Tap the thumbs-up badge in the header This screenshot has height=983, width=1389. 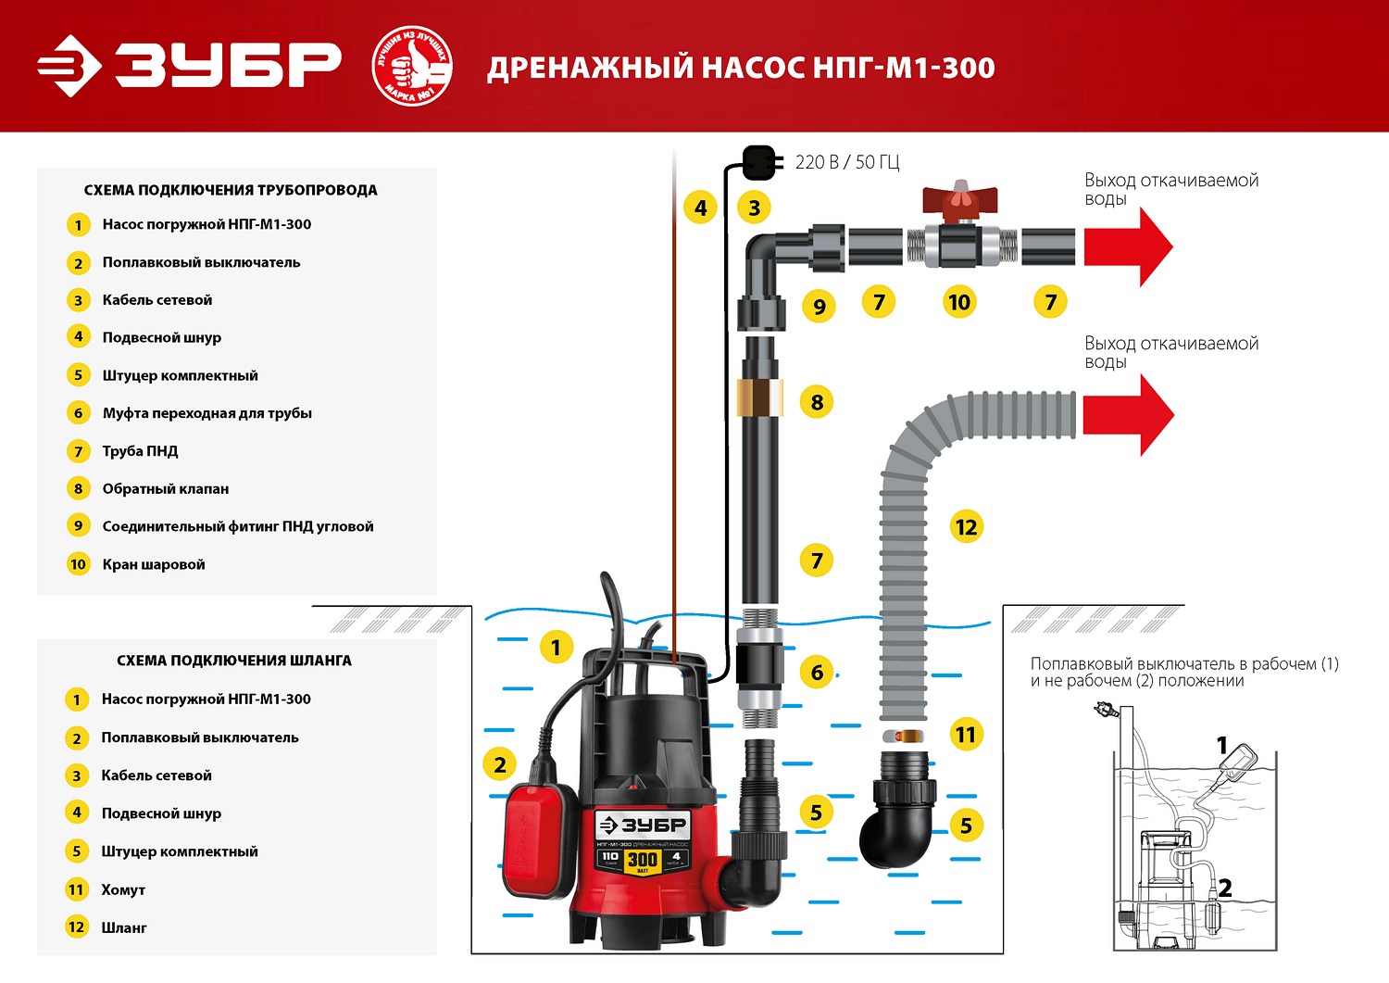tap(411, 66)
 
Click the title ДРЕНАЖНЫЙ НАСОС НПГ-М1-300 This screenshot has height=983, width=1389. tap(741, 68)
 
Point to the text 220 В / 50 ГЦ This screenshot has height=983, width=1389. tap(846, 162)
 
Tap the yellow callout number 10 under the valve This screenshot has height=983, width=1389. tap(959, 302)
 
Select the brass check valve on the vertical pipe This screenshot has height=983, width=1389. tap(759, 398)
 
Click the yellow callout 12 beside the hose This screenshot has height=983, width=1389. tap(966, 527)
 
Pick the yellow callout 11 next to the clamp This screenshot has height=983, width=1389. tap(966, 735)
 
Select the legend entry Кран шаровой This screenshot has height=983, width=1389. tap(154, 564)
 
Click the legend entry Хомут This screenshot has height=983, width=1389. tap(123, 889)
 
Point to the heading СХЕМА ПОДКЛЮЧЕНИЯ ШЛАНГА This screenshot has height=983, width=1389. tap(234, 661)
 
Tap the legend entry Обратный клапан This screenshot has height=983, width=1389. tap(165, 488)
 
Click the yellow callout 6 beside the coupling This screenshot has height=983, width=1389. tap(817, 673)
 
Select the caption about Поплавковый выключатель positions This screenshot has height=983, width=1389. tap(1184, 673)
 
